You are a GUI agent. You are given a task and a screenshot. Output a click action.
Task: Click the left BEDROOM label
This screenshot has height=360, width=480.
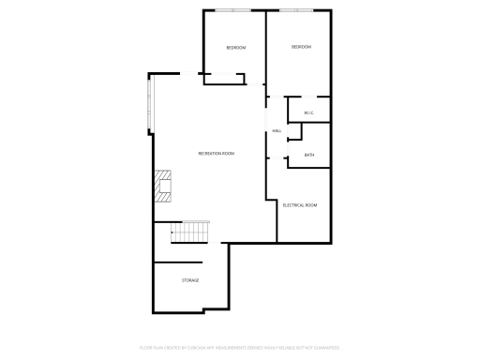pos(235,48)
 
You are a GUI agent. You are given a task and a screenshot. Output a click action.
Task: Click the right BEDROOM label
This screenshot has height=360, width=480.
pos(300,47)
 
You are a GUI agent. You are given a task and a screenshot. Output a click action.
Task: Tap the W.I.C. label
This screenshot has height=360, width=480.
pos(307,113)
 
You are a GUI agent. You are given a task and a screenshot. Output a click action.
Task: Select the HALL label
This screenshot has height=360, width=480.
pos(277,130)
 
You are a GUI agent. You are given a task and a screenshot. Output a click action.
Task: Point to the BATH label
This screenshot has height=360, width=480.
pos(308,156)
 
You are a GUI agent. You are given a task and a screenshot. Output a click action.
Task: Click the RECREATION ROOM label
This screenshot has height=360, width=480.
pos(216,153)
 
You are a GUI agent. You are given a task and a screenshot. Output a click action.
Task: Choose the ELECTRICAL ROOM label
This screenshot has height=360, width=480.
pos(300,204)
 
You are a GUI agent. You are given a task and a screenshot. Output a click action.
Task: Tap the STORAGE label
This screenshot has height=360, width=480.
pos(190,280)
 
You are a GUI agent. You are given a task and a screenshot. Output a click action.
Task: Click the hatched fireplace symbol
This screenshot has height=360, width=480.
pos(164,185)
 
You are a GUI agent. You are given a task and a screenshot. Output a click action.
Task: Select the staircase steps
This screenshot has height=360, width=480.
pos(192,231)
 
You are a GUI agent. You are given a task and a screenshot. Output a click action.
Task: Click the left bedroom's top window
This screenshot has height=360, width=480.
pos(234,10)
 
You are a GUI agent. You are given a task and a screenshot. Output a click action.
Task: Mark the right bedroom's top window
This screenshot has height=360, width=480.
pos(299,10)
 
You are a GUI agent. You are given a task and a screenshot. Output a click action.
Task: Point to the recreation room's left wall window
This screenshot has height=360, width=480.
pos(149,103)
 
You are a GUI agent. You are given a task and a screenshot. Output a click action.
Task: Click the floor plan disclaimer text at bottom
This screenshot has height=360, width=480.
pos(239,347)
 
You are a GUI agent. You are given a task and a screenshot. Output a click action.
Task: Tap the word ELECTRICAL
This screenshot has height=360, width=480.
pos(293,204)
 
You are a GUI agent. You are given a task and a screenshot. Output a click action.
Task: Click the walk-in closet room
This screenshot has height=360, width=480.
pos(308,109)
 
